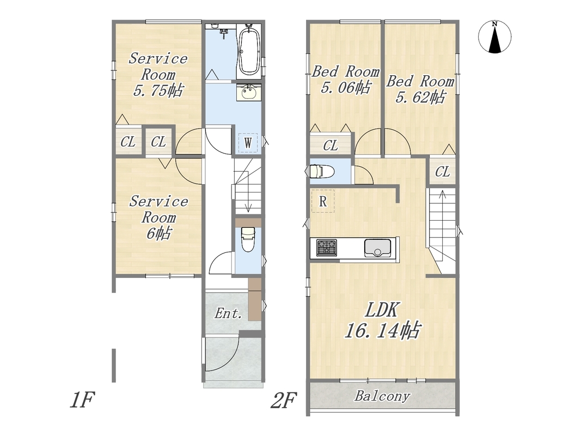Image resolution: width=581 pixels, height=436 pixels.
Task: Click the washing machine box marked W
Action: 248,143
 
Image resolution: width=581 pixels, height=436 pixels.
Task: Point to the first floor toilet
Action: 248,239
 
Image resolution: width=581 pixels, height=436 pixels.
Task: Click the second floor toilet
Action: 320,172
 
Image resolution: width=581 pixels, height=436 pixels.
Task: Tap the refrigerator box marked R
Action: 323,201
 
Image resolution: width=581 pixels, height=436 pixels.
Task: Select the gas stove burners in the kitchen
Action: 327,247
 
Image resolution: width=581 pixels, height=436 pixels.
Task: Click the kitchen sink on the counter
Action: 377,248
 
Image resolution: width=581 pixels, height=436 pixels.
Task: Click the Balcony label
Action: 382,396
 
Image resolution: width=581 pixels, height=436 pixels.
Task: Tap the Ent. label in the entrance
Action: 228,314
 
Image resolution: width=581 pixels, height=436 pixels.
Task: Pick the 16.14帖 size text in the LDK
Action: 382,330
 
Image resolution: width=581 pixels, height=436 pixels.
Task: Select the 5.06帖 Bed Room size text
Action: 345,88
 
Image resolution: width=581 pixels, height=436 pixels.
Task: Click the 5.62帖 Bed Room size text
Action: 420,98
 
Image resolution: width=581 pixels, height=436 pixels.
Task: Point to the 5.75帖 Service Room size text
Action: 158,90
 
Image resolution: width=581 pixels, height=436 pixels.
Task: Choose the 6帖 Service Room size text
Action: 159,233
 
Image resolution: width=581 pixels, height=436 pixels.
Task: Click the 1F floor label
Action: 83,400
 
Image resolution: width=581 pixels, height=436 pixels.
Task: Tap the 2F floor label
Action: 284,401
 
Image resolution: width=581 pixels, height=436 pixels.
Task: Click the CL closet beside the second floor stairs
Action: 442,172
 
